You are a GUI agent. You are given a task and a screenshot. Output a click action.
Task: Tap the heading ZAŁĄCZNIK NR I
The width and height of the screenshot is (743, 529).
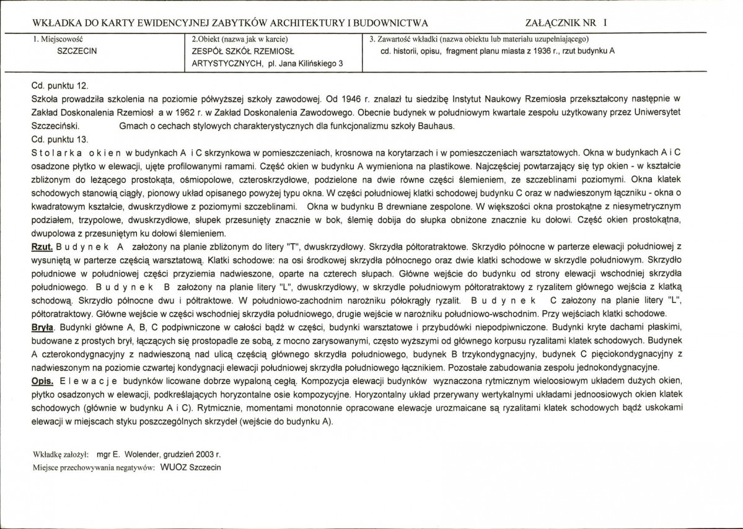pyautogui.click(x=566, y=23)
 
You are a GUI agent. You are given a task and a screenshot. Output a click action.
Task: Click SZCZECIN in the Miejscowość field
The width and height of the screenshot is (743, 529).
pyautogui.click(x=76, y=51)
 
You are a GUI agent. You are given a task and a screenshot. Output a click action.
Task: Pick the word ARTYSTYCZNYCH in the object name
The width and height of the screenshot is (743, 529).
pyautogui.click(x=224, y=63)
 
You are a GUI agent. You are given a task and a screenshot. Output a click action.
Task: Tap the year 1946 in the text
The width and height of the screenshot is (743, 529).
pyautogui.click(x=351, y=99)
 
